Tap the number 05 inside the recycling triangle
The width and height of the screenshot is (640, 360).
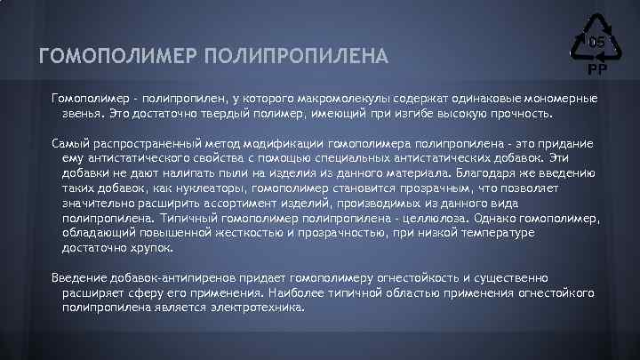(x=595, y=42)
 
